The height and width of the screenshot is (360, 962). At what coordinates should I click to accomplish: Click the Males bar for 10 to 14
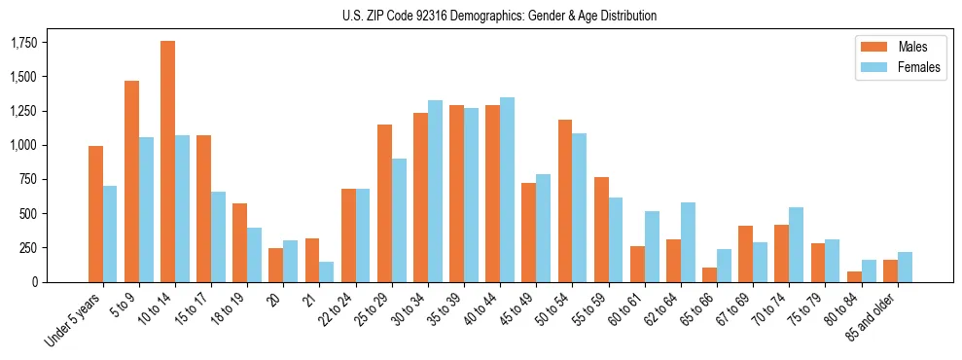(167, 162)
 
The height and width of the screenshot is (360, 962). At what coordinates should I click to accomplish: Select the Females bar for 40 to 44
(507, 190)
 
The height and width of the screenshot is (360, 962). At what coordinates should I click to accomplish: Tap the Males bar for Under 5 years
(95, 214)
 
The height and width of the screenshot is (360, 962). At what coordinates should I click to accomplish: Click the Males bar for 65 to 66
(709, 274)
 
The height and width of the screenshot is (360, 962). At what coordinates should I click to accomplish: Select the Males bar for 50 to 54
(565, 200)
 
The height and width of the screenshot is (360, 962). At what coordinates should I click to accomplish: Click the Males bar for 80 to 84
(854, 276)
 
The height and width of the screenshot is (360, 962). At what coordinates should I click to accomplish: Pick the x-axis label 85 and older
(877, 317)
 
